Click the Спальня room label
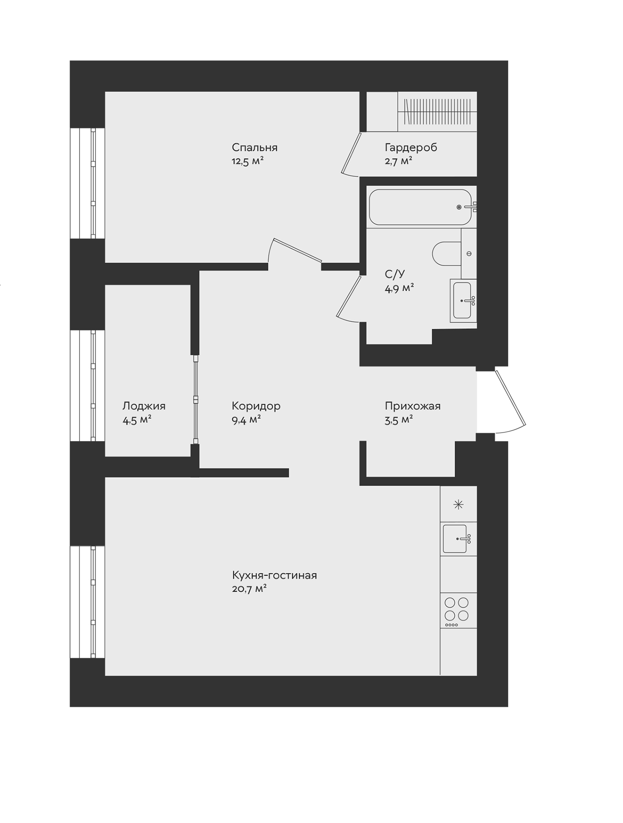point(254,148)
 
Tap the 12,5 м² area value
point(247,161)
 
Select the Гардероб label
point(411,148)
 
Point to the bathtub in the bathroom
point(419,207)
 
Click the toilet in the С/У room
point(446,254)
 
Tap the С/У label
point(395,274)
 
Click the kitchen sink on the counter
point(456,539)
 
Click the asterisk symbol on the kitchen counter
point(458,504)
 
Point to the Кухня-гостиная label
point(274,575)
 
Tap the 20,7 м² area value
point(249,589)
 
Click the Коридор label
point(256,406)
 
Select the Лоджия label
point(144,406)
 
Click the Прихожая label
point(412,406)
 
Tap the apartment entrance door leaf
point(510,398)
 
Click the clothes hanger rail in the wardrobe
point(437,111)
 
